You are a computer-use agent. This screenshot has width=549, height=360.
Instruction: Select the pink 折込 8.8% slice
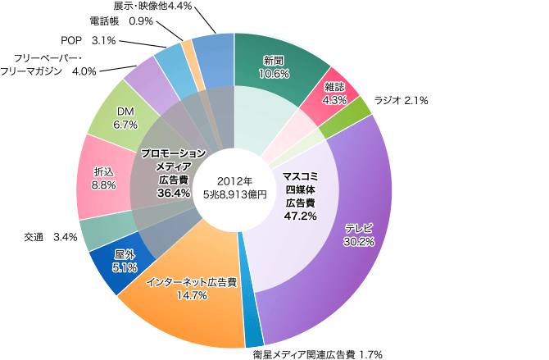99,180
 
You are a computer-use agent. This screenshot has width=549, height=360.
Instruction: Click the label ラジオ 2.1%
402,100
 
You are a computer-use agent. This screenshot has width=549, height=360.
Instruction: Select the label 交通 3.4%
52,238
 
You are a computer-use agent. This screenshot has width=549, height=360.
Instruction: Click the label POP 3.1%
88,39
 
